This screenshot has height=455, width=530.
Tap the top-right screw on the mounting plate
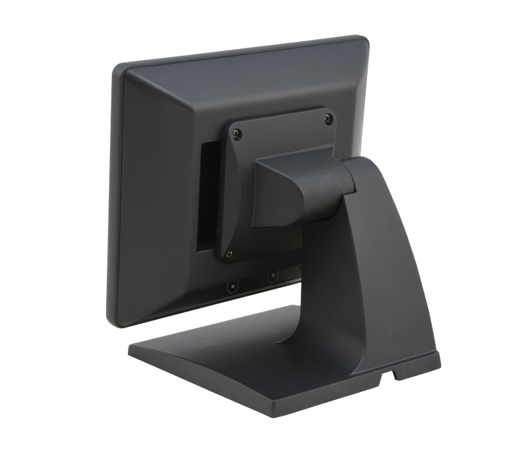pos(329,119)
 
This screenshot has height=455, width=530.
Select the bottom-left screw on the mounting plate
pos(229,253)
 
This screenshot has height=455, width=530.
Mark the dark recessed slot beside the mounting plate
pos(207,199)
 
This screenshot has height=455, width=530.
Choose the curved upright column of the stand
pos(371,265)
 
